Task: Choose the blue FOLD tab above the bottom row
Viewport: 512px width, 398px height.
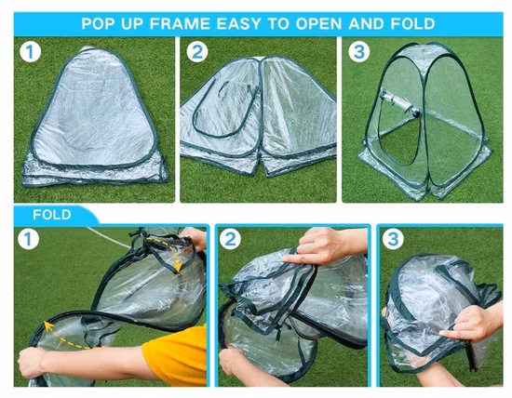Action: pos(52,215)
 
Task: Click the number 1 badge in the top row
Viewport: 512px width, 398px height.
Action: pos(31,52)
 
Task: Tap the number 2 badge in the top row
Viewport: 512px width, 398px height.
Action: pos(196,52)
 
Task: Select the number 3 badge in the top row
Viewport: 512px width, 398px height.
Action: pos(358,52)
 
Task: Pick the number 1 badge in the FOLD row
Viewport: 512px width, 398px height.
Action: pos(31,240)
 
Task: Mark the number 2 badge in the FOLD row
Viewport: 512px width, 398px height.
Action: pos(231,240)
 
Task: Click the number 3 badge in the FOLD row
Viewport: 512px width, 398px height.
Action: pos(394,240)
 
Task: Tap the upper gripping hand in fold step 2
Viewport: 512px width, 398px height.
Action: pos(317,247)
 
